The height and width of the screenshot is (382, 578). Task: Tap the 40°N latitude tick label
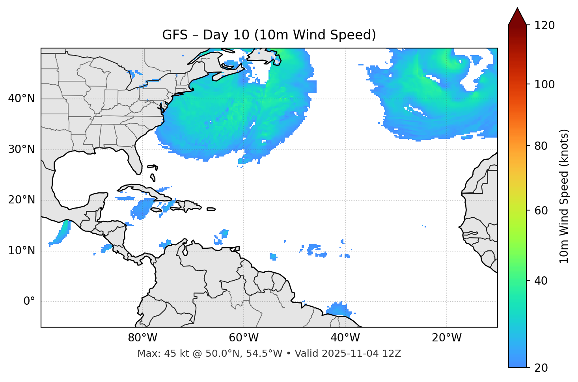[x=21, y=98]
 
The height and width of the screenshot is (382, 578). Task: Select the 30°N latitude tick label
[x=21, y=149]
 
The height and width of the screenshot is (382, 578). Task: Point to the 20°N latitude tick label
[x=21, y=200]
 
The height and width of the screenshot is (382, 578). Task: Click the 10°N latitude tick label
[x=21, y=251]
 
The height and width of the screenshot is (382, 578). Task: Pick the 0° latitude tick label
[x=29, y=302]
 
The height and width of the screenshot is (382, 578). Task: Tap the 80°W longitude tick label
[x=142, y=338]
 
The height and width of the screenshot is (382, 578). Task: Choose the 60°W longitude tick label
[x=244, y=338]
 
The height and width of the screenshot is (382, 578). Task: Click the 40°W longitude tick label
[x=345, y=338]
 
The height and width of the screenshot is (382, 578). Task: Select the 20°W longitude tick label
[x=446, y=338]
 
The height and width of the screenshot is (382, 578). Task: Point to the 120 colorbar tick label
[x=544, y=26]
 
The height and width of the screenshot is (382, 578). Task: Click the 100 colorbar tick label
[x=544, y=84]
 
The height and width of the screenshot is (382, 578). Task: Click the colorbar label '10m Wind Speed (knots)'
[x=564, y=196]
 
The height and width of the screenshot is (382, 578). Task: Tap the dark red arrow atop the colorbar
[x=517, y=17]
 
